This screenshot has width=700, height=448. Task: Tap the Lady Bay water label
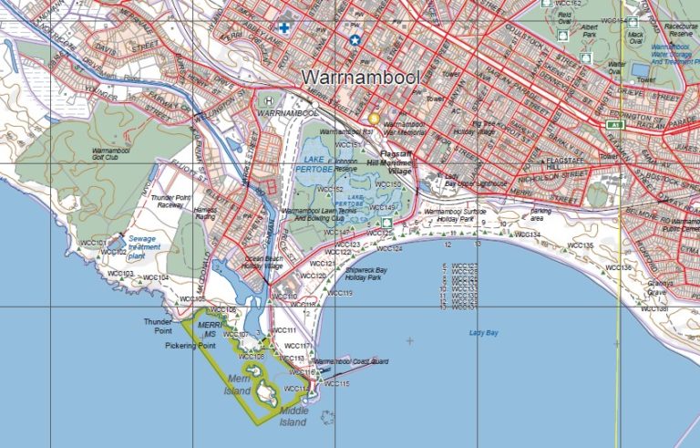(x=484, y=333)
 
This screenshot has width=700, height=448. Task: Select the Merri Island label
(x=238, y=384)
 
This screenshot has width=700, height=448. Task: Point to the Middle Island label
(x=293, y=416)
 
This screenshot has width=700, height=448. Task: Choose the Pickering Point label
(x=190, y=347)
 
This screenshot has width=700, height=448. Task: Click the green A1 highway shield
(x=617, y=124)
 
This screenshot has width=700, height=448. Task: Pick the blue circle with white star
(x=355, y=40)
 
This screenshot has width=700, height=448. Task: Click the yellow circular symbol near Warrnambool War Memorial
(x=373, y=119)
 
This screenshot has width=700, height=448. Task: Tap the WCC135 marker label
(x=580, y=245)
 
